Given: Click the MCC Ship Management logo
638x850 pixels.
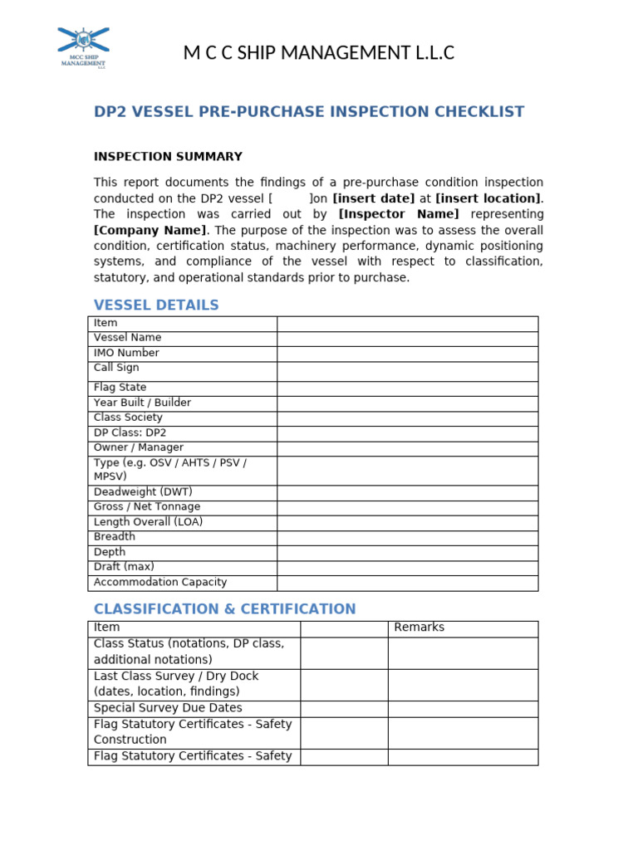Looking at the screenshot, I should (x=83, y=47).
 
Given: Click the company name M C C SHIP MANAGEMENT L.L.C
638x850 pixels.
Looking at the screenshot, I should (x=319, y=54).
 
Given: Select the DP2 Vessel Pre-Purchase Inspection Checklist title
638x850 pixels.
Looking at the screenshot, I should (x=309, y=112).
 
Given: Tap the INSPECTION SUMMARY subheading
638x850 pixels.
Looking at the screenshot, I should (x=168, y=157).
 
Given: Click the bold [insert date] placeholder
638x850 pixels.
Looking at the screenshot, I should (x=373, y=198).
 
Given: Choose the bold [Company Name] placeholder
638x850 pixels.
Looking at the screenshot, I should (x=150, y=230).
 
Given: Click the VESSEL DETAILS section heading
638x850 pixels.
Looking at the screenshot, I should (x=156, y=305).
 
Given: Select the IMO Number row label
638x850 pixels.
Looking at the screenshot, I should (x=126, y=353).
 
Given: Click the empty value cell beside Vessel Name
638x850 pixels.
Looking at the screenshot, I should (x=407, y=339).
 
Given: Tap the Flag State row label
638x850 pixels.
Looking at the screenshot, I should (x=120, y=388).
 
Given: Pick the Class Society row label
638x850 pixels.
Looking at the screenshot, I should (x=128, y=418).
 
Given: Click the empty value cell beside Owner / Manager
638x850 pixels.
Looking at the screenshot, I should (x=407, y=448).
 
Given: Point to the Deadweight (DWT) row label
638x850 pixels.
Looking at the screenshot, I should (x=143, y=492).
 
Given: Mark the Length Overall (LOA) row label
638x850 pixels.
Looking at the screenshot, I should (x=148, y=522).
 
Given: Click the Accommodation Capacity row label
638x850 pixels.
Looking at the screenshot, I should (x=159, y=583).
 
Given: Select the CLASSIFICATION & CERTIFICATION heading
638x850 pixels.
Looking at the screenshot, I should (x=224, y=609).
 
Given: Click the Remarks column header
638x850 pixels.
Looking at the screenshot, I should (x=419, y=628).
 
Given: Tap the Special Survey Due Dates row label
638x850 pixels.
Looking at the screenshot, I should (x=168, y=708).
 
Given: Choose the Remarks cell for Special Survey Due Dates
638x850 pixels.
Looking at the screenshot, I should (x=462, y=709).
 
